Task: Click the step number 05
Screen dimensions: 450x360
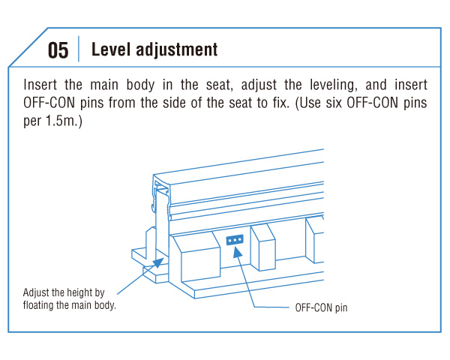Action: click(x=58, y=50)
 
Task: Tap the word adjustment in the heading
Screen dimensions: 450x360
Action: click(x=176, y=50)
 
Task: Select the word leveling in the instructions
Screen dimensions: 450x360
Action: click(x=334, y=85)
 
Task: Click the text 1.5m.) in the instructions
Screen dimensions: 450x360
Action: click(x=64, y=121)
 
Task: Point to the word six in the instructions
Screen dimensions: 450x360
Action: click(x=334, y=103)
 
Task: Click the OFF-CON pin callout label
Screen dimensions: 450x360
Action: click(x=321, y=307)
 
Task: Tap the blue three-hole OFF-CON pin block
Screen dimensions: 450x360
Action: click(x=235, y=240)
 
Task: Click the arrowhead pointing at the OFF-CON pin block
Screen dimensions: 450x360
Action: click(x=237, y=252)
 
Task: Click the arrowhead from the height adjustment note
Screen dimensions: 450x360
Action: click(x=157, y=262)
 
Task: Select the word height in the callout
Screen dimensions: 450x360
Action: click(x=76, y=292)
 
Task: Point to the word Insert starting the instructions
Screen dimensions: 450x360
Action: click(x=40, y=85)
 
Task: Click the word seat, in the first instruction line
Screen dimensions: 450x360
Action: click(x=219, y=85)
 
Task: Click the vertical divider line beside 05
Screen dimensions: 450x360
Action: click(x=79, y=49)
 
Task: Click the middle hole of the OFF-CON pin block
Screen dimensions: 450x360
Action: click(x=235, y=240)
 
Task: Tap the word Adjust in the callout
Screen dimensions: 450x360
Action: click(x=36, y=292)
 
